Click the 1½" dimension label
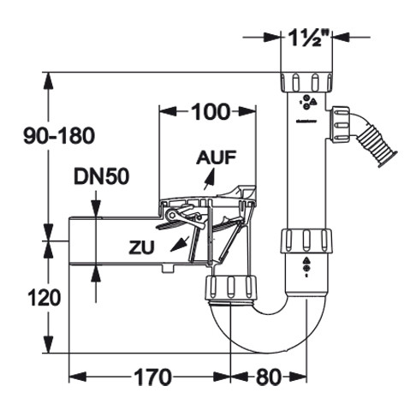click(306, 38)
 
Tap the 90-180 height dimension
click(59, 136)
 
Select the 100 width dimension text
click(211, 112)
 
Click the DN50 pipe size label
click(102, 176)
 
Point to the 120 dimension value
click(45, 298)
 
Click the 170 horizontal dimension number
click(153, 377)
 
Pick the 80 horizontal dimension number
click(269, 377)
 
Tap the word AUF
click(217, 157)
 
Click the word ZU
click(141, 247)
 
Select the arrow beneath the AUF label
click(209, 179)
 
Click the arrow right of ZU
click(180, 243)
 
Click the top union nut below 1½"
click(306, 82)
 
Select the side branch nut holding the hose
click(340, 123)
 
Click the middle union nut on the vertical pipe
click(306, 241)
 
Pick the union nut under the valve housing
click(230, 288)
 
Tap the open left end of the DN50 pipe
click(69, 241)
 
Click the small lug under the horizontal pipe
click(168, 269)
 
